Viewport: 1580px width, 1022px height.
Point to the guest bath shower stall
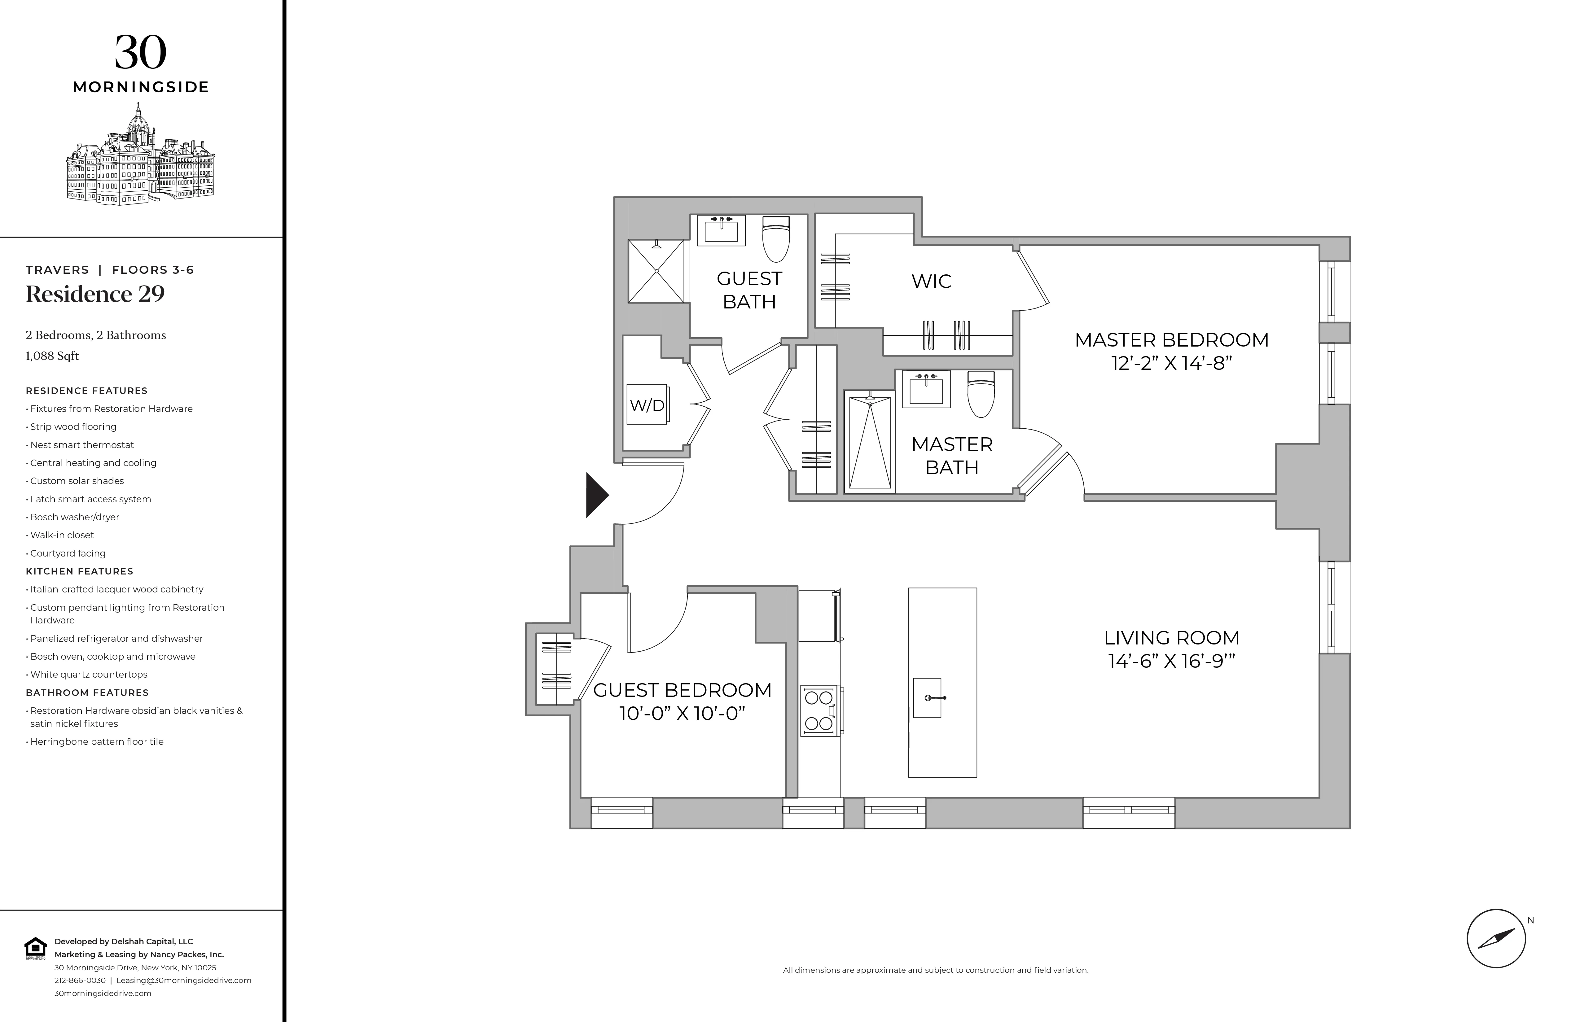656,271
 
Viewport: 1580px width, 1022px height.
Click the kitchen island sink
928,697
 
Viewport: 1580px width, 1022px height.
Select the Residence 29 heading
95,294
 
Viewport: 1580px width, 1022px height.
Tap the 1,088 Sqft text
52,356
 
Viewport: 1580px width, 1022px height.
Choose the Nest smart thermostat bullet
82,445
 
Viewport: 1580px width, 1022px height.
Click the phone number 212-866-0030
80,980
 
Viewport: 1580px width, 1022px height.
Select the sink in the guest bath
721,230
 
